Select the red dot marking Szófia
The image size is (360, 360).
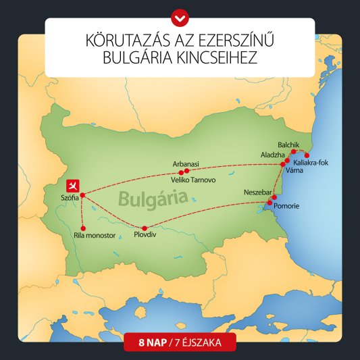82,195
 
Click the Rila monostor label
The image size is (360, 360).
95,236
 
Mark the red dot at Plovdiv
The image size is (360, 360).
145,228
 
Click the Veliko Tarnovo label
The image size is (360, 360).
196,180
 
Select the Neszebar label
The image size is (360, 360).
257,192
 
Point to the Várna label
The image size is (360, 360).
295,170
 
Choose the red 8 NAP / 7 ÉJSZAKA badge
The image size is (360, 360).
180,342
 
